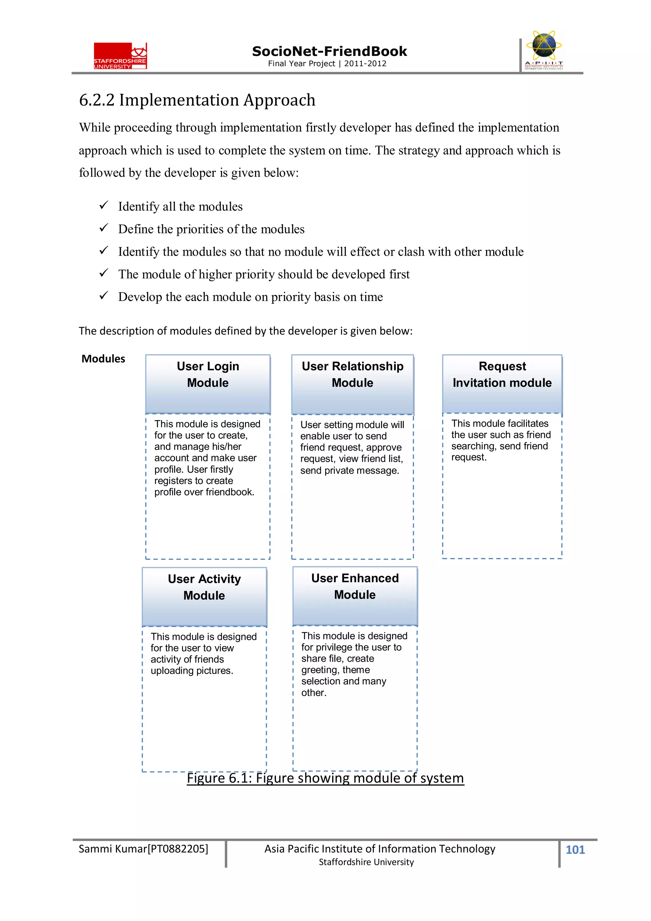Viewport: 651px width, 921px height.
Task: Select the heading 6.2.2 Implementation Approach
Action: tap(197, 100)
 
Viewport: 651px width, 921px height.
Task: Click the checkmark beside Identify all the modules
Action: tap(104, 205)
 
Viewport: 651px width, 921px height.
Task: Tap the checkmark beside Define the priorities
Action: tap(104, 228)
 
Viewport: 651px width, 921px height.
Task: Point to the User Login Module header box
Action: tap(208, 384)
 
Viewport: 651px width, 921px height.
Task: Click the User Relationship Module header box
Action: tap(352, 384)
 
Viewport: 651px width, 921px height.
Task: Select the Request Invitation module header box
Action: tap(502, 384)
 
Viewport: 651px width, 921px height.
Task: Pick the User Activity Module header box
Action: tap(204, 596)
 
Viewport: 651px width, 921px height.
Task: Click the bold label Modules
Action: tap(103, 359)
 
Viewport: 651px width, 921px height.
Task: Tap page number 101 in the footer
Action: tap(575, 849)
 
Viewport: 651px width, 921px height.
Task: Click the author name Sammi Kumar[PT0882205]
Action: tap(143, 849)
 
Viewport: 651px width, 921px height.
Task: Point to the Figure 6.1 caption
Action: tap(325, 778)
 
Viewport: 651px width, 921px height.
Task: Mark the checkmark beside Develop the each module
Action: tap(104, 296)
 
